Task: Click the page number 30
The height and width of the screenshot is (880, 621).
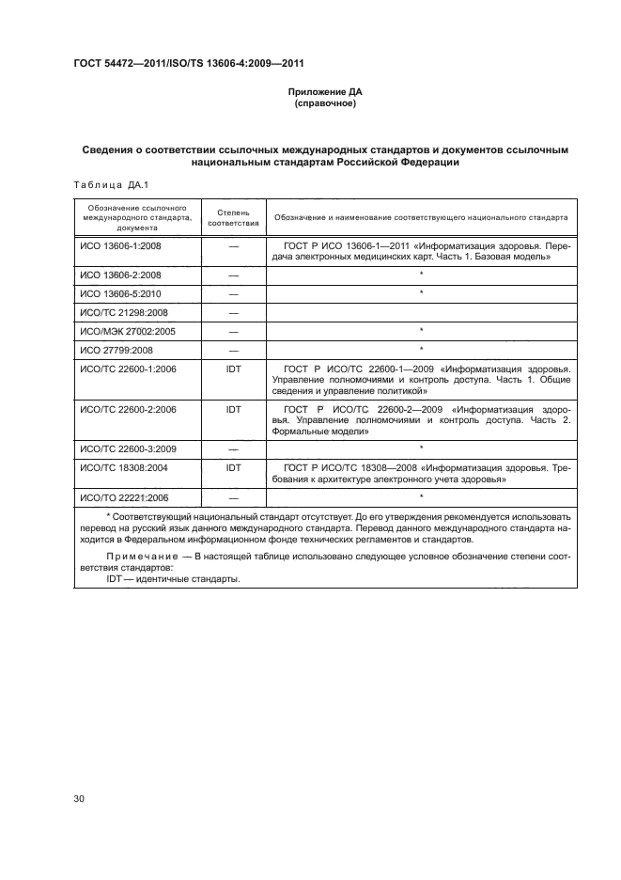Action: tap(78, 799)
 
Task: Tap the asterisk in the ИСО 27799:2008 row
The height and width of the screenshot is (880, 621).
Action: tap(422, 350)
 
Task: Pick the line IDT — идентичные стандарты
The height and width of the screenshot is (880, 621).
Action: tap(173, 579)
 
